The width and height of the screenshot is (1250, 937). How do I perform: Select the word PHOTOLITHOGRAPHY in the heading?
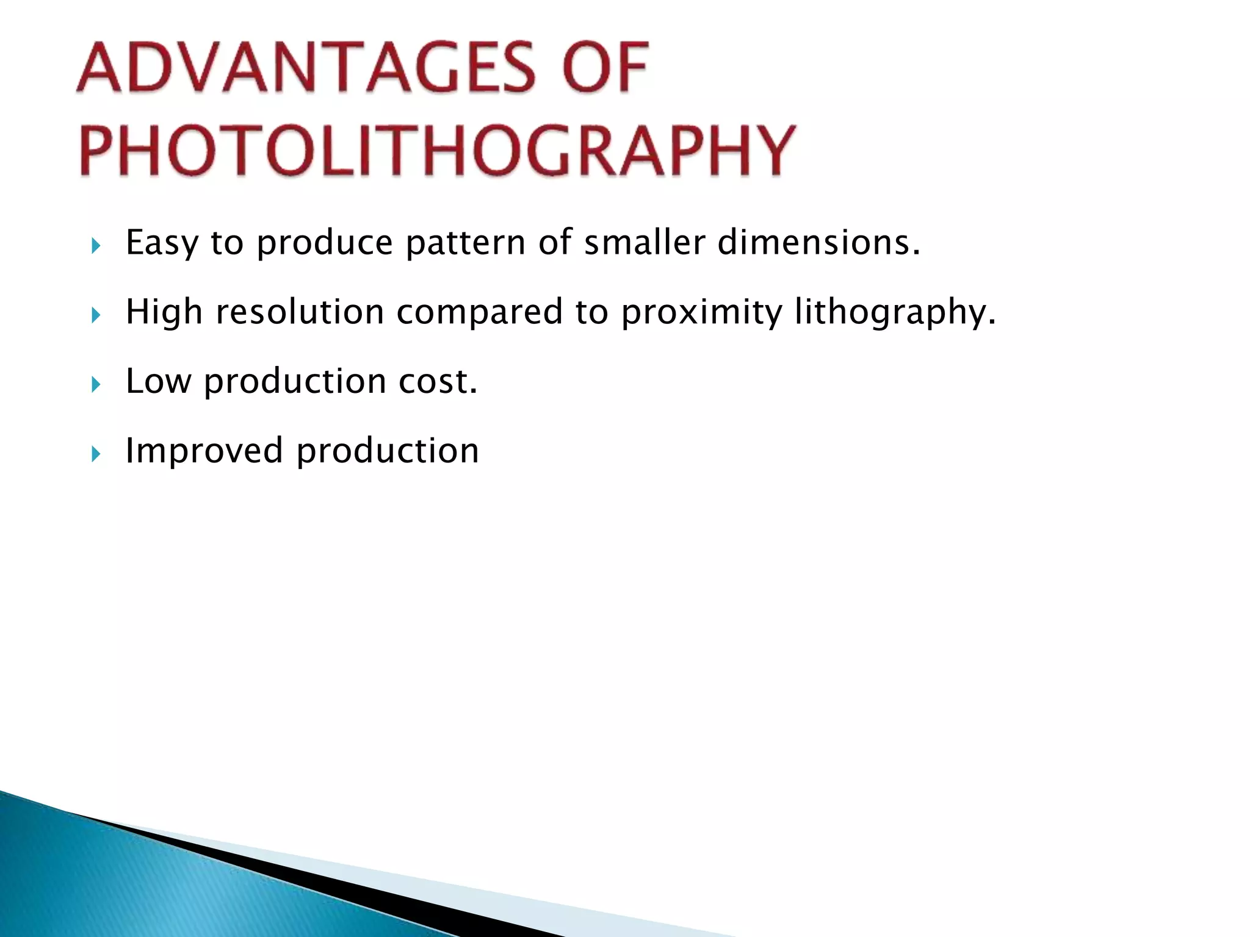[437, 150]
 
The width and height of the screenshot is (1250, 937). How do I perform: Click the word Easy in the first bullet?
[162, 243]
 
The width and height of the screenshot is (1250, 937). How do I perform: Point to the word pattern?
[465, 243]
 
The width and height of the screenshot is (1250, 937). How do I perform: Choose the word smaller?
[645, 243]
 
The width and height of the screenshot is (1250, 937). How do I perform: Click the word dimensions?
[818, 243]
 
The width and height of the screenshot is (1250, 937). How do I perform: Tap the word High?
[164, 312]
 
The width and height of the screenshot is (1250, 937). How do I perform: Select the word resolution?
[300, 312]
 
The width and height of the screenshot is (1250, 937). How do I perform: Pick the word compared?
[479, 312]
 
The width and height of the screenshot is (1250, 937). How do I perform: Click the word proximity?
[701, 312]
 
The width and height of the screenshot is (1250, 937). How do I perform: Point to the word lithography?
[895, 312]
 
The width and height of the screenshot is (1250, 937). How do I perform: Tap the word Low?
[158, 382]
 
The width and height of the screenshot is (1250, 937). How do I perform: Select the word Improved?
[204, 451]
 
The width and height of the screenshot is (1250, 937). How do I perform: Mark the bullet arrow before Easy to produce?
[95, 246]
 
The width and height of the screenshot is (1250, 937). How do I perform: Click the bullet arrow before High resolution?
[95, 315]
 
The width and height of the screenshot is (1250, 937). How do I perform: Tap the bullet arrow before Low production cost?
[95, 385]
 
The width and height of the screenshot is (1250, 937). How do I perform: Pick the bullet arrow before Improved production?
[95, 454]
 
